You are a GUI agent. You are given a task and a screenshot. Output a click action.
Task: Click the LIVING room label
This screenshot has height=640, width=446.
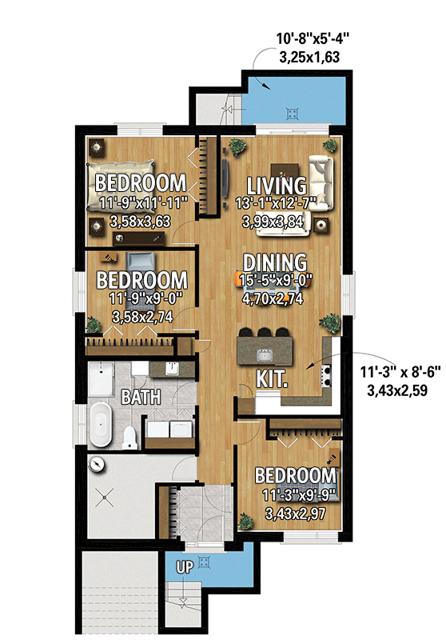click(277, 185)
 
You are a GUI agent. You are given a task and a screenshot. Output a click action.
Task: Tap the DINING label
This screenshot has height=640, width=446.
click(275, 262)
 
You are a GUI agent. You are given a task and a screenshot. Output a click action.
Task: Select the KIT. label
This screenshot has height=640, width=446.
click(272, 377)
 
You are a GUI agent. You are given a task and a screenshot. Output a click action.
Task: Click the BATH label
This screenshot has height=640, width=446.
click(141, 396)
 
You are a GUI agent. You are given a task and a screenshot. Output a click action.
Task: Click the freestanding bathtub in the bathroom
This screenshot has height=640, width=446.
click(100, 425)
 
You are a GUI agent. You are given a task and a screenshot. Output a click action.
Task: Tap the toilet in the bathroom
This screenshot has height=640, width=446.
click(130, 436)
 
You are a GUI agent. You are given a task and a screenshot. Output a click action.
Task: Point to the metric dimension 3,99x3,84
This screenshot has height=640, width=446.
click(276, 222)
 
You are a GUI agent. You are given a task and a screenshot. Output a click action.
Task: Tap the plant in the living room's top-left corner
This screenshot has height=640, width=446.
click(237, 146)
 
